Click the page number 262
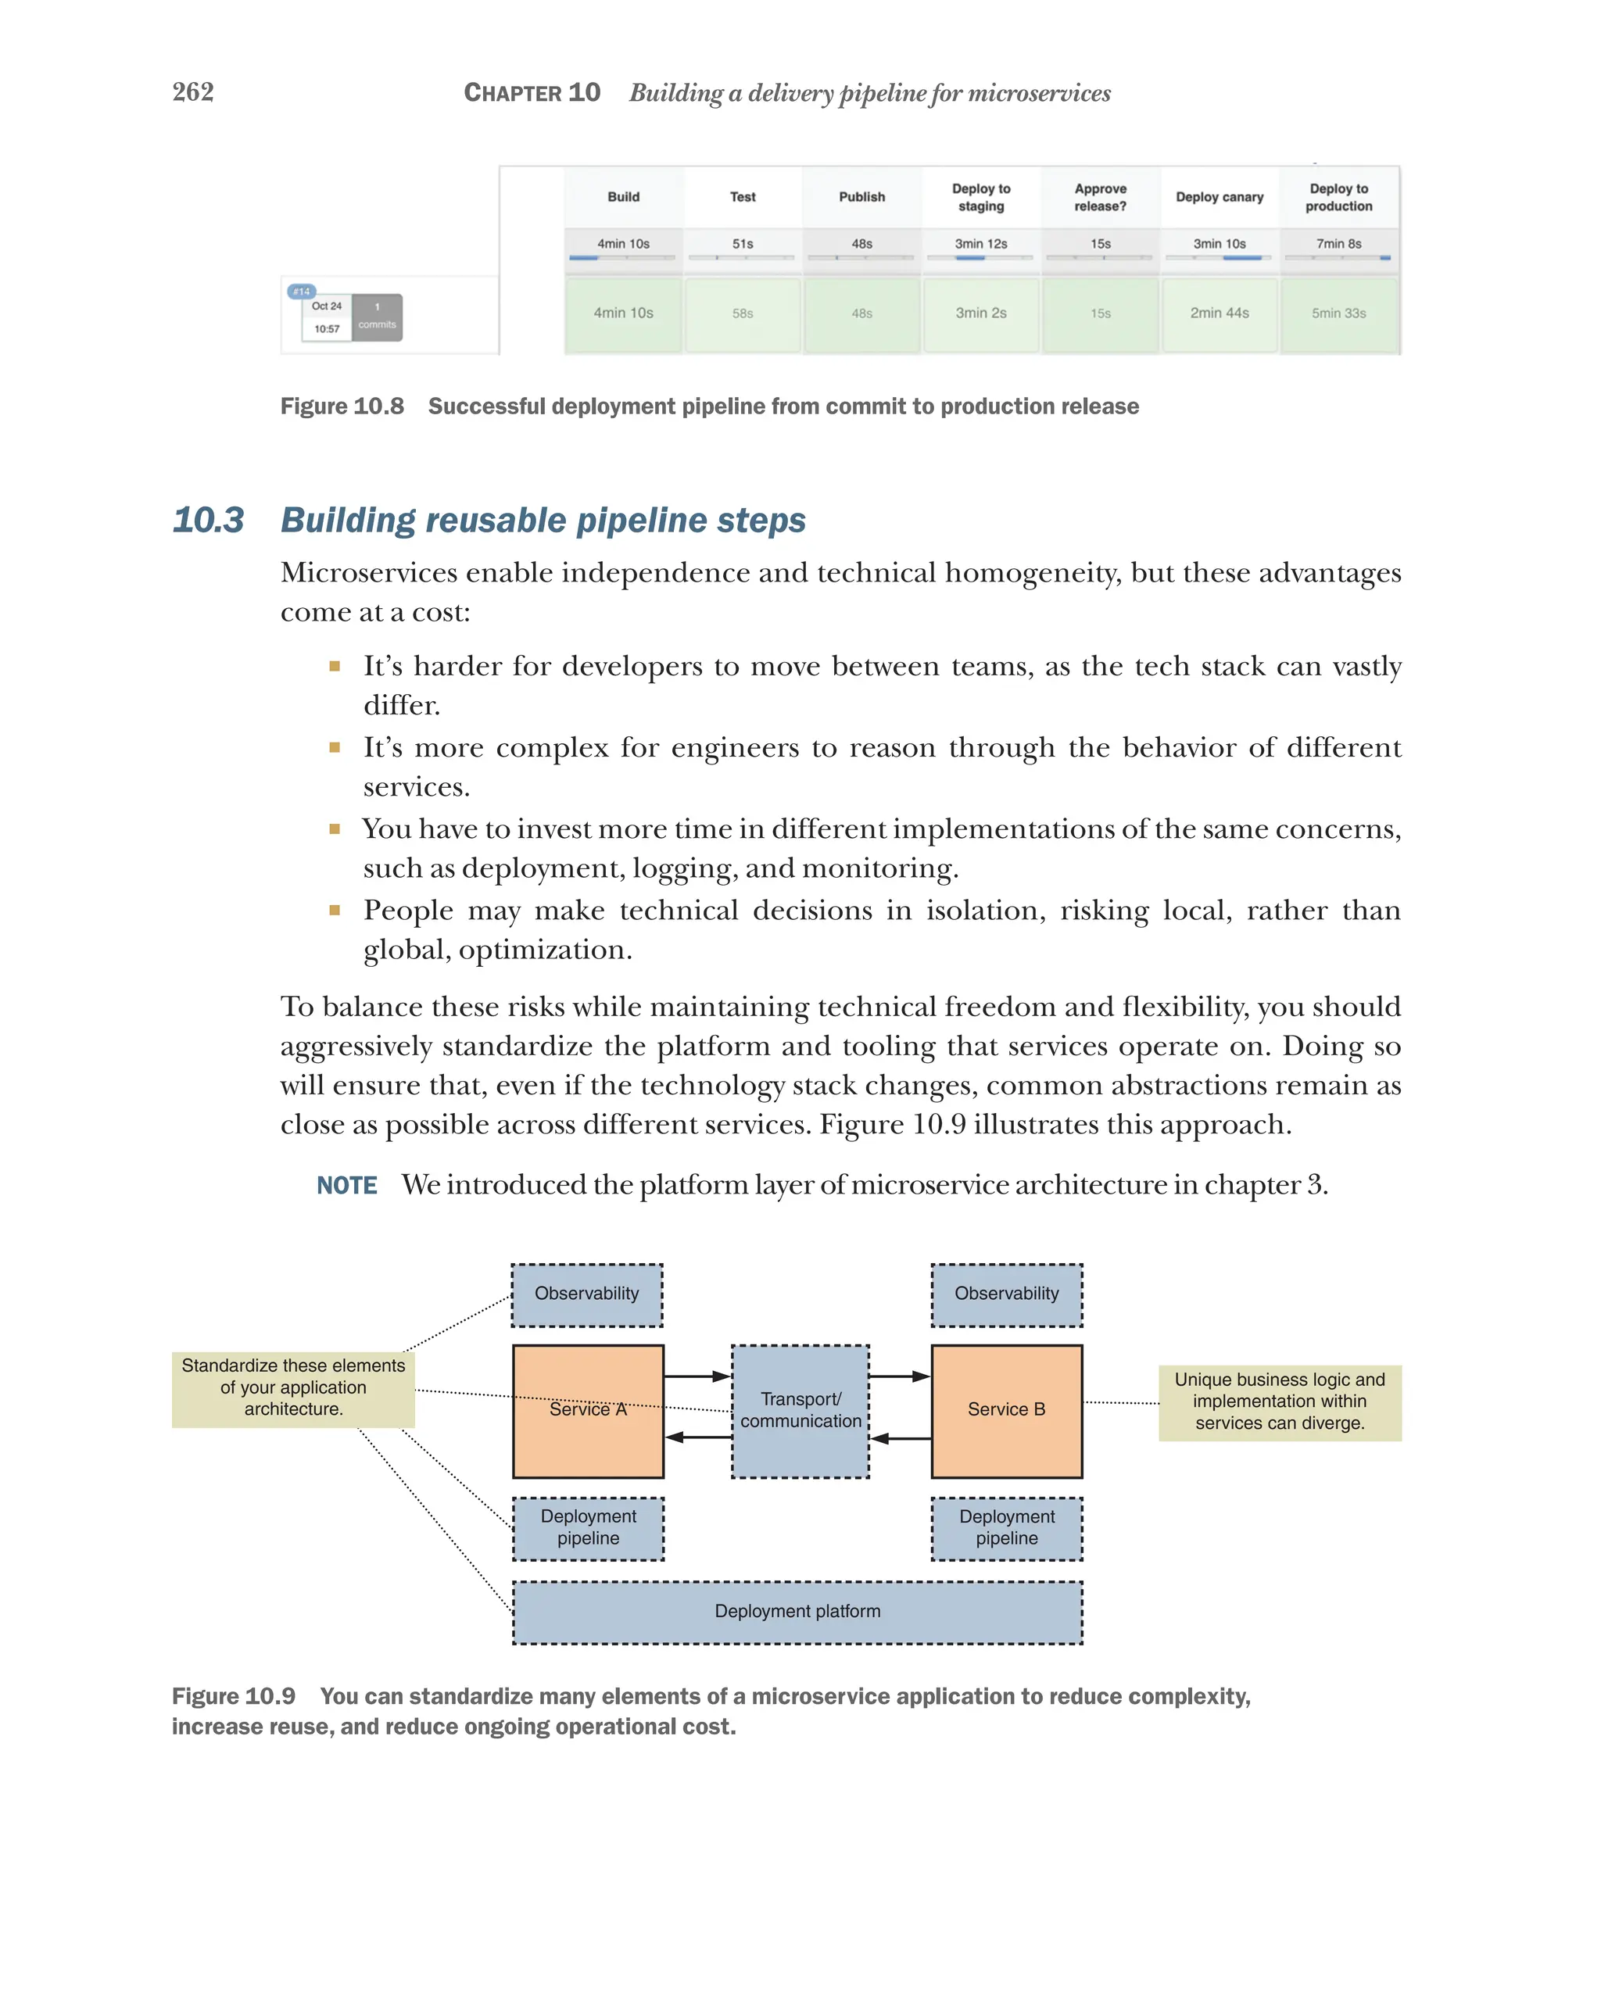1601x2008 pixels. click(x=193, y=91)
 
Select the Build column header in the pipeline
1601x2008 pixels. click(x=623, y=196)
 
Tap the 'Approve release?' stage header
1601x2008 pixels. click(x=1100, y=196)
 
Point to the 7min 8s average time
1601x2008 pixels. click(x=1338, y=244)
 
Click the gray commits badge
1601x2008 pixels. click(x=378, y=317)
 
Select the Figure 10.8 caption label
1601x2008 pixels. click(x=342, y=406)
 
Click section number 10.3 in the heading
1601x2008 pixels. click(x=209, y=520)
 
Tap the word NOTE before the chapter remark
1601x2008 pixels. click(x=346, y=1185)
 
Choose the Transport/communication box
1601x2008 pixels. click(x=800, y=1411)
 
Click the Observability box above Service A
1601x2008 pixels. click(x=587, y=1294)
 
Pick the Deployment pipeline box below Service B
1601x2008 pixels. click(x=1006, y=1527)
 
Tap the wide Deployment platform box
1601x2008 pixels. click(x=797, y=1611)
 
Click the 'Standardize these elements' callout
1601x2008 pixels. click(x=293, y=1387)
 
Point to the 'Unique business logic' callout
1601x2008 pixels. click(x=1279, y=1401)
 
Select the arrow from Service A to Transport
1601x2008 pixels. click(x=697, y=1376)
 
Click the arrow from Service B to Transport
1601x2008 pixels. click(x=901, y=1439)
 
